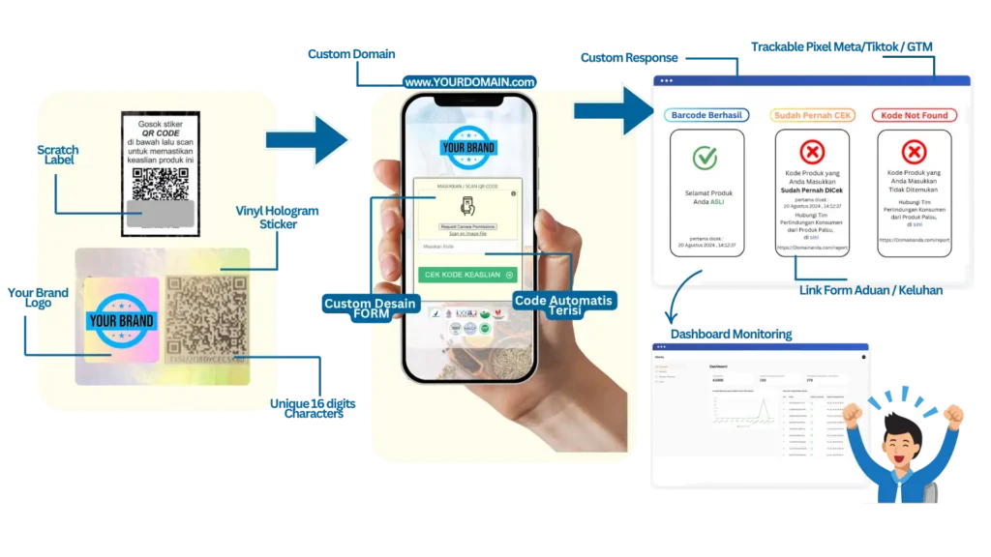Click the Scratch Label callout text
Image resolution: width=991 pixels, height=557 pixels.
[57, 156]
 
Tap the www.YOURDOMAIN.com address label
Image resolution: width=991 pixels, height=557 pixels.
[470, 82]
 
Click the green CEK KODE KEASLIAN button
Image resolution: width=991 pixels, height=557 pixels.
[467, 275]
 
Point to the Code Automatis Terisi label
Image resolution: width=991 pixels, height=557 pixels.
[563, 307]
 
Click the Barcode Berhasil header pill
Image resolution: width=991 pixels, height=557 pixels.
[706, 115]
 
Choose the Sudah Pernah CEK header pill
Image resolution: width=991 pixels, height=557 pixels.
[812, 115]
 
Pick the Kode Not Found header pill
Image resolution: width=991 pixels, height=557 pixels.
[914, 115]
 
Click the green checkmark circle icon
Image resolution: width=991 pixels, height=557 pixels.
[705, 158]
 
